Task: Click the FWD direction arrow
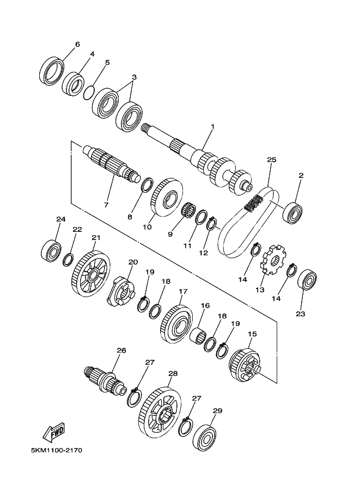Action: tap(54, 433)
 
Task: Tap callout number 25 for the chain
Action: tap(272, 159)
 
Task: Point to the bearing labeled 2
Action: tap(292, 210)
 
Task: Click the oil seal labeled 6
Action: tap(52, 71)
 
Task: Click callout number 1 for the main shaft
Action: tap(213, 126)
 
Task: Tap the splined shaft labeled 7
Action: tap(112, 164)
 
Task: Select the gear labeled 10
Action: tap(167, 197)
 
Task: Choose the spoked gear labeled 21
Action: tap(91, 273)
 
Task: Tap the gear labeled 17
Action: tap(176, 323)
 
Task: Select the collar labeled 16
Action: tap(198, 335)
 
